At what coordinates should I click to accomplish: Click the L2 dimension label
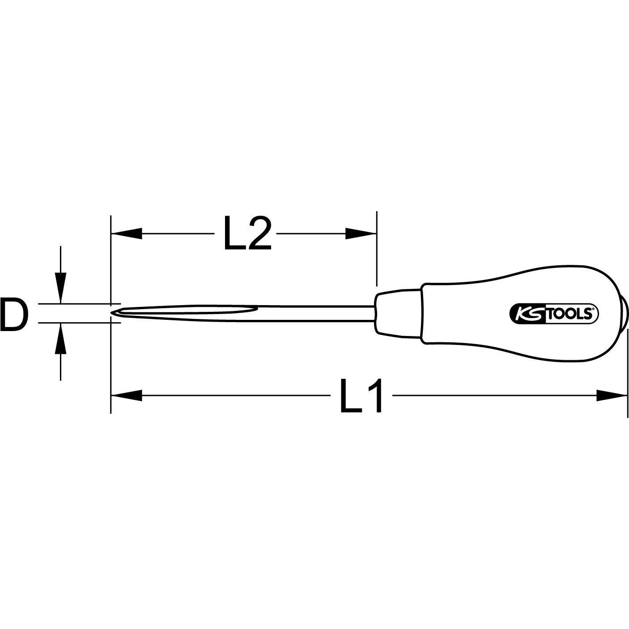[x=247, y=234]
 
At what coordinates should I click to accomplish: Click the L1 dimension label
[x=361, y=395]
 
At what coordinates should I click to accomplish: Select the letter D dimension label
[x=14, y=316]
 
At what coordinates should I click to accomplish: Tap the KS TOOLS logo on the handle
[x=554, y=314]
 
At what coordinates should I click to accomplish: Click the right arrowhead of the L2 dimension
[x=361, y=233]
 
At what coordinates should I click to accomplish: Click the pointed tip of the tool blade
[x=113, y=313]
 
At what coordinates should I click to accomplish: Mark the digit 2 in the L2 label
[x=259, y=234]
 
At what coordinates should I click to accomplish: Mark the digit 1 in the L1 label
[x=373, y=395]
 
